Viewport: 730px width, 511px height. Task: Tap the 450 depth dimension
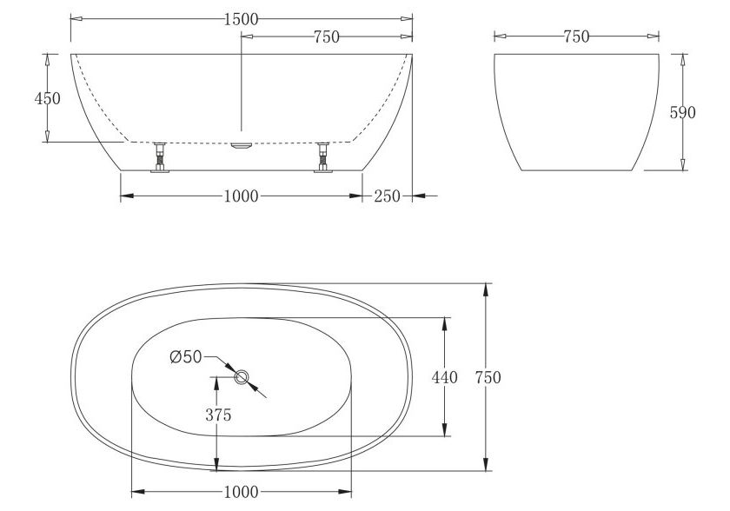tap(47, 98)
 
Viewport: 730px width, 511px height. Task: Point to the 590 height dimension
tap(683, 112)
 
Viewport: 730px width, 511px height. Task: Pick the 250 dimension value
tap(388, 196)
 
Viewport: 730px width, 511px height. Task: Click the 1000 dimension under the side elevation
tap(241, 196)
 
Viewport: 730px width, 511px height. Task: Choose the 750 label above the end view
tap(575, 36)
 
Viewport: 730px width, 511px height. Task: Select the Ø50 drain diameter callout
tap(186, 356)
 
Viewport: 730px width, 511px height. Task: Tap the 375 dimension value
tap(218, 415)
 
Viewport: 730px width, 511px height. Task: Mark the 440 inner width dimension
tap(445, 377)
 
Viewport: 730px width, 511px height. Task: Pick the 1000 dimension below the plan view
tap(241, 492)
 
